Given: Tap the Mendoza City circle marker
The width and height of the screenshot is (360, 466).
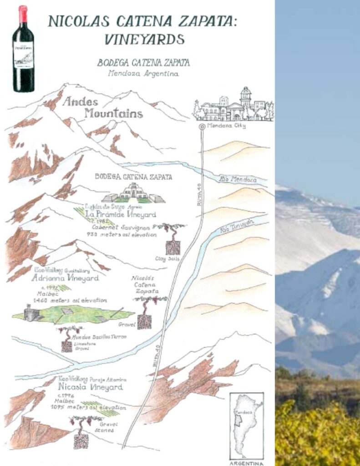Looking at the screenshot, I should [202, 127].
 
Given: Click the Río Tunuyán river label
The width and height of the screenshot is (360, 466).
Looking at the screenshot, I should [236, 226].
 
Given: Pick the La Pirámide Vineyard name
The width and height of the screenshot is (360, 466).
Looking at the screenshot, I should [120, 214].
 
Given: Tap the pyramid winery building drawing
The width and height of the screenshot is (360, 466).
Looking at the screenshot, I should [133, 193].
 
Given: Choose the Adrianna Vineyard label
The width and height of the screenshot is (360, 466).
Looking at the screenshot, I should [64, 279].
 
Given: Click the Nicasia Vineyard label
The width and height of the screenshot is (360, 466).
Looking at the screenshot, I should [91, 387].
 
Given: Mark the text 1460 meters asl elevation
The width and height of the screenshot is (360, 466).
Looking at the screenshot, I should [67, 300].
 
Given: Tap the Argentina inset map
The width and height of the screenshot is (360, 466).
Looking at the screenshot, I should [246, 425].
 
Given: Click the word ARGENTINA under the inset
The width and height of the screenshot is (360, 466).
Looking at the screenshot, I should [246, 462].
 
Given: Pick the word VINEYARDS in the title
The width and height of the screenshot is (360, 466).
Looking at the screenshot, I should [144, 39].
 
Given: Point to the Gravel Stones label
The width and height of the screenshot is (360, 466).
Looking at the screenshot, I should [106, 427].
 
